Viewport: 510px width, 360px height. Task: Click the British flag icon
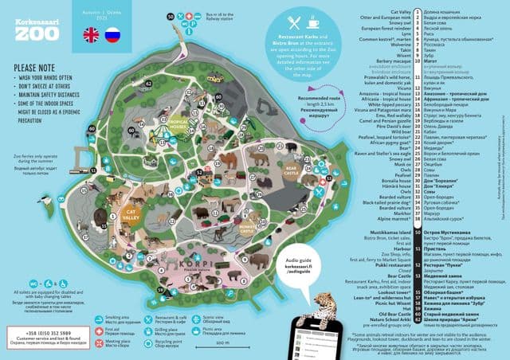pos(92,34)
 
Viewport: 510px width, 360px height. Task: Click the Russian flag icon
pos(112,34)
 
